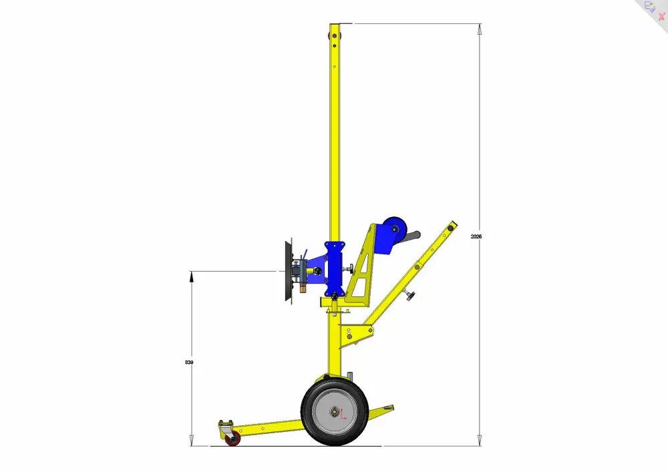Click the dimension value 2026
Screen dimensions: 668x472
click(476, 236)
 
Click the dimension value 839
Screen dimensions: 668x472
click(189, 363)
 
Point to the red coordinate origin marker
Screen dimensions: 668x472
click(343, 414)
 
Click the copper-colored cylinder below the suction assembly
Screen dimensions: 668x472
click(303, 288)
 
